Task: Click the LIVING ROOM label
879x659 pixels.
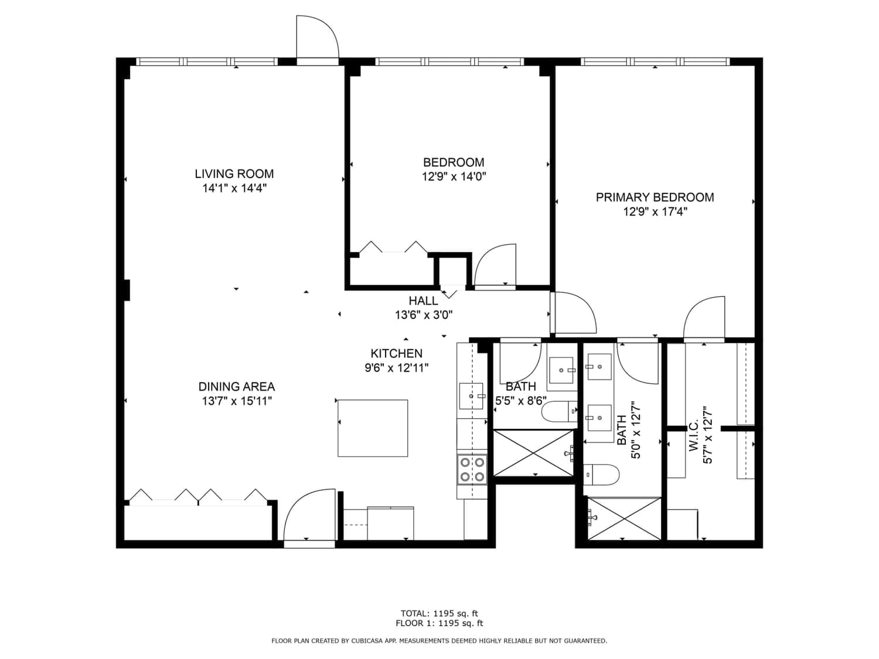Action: [x=234, y=173]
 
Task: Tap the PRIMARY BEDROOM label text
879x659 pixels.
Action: [x=655, y=197]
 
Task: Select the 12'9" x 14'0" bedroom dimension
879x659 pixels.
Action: [x=454, y=176]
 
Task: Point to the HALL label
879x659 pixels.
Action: [x=423, y=301]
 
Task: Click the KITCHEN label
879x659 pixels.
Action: [x=397, y=353]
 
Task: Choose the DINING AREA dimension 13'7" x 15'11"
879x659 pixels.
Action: [x=237, y=401]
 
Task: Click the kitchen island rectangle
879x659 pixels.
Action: [x=373, y=428]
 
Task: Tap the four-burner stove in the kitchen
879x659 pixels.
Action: [x=472, y=469]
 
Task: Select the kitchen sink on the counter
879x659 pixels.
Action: [x=471, y=396]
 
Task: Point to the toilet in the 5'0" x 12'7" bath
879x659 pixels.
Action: [x=601, y=474]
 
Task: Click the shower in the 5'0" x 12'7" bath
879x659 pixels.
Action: [x=624, y=518]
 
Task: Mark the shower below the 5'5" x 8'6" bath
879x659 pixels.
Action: [x=533, y=453]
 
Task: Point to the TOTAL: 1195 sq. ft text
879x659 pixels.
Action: [x=439, y=613]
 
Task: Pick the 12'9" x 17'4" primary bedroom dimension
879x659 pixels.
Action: [x=655, y=211]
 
